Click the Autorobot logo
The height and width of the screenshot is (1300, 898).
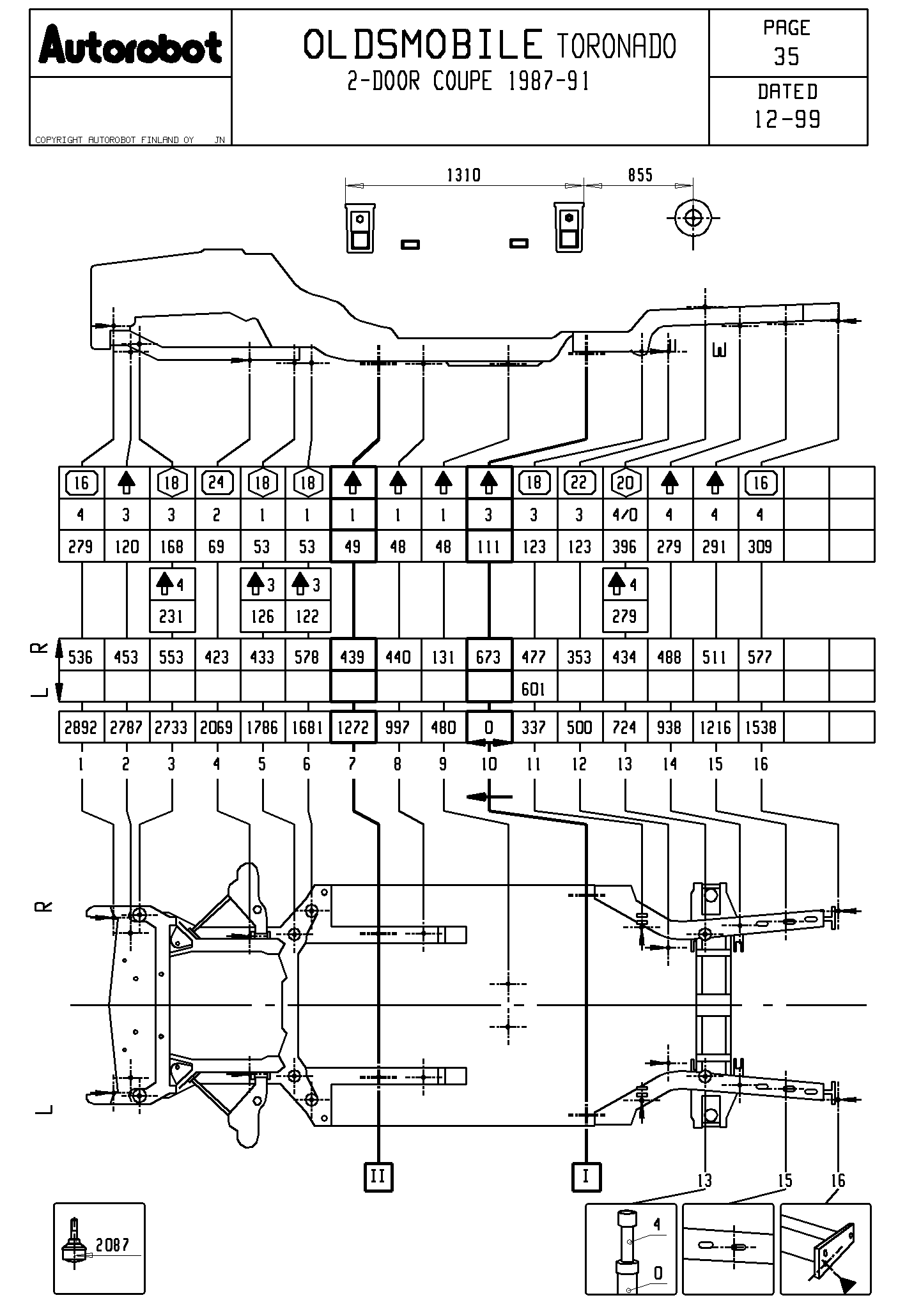pyautogui.click(x=130, y=45)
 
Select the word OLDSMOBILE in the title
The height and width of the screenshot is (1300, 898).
pyautogui.click(x=422, y=45)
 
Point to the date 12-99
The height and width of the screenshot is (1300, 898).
pyautogui.click(x=787, y=119)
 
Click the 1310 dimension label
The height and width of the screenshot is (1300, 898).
pyautogui.click(x=463, y=175)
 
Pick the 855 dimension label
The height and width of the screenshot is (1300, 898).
pyautogui.click(x=640, y=175)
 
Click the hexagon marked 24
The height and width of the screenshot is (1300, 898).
pyautogui.click(x=217, y=482)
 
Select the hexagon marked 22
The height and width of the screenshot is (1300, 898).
pyautogui.click(x=579, y=482)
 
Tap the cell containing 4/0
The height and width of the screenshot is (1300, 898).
pyautogui.click(x=624, y=515)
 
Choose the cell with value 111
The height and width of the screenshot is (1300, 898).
pyautogui.click(x=489, y=547)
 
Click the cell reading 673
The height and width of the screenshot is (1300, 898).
pyautogui.click(x=489, y=657)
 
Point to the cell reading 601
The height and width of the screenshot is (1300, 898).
pyautogui.click(x=534, y=689)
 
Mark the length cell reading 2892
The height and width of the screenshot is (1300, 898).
pyautogui.click(x=81, y=728)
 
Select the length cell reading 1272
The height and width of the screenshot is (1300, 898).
pyautogui.click(x=353, y=728)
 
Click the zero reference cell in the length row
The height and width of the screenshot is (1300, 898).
pyautogui.click(x=489, y=728)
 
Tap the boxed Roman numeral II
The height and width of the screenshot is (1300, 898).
pyautogui.click(x=378, y=1176)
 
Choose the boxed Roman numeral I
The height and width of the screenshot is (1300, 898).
pyautogui.click(x=586, y=1176)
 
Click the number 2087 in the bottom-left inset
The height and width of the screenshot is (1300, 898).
pyautogui.click(x=112, y=1244)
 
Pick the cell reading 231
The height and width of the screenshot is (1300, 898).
pyautogui.click(x=171, y=616)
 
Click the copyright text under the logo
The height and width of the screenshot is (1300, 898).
pyautogui.click(x=115, y=140)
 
